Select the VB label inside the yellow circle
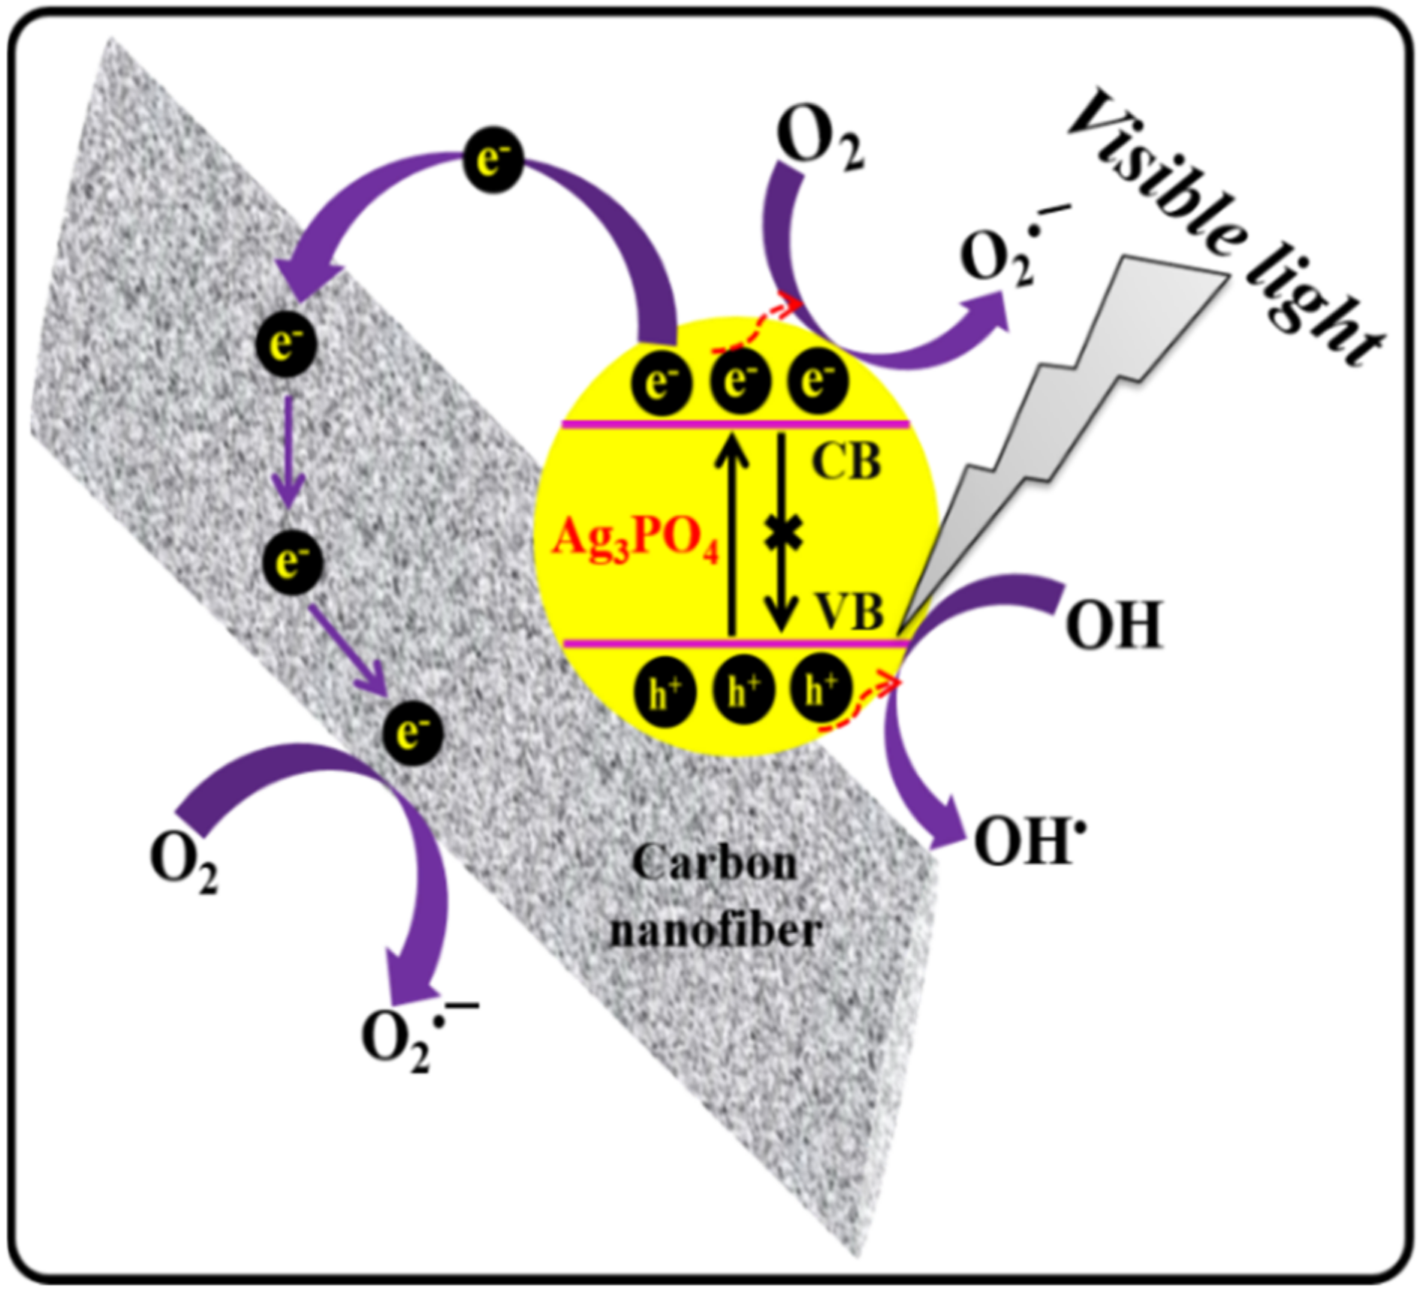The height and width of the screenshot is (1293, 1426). click(x=849, y=612)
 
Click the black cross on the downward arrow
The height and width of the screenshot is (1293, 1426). click(x=782, y=534)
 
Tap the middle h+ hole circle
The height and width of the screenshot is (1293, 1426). click(x=741, y=692)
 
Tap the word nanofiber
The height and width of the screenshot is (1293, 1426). click(x=715, y=931)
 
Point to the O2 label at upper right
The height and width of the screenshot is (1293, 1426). click(x=819, y=139)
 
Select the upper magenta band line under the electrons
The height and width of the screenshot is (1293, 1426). click(x=736, y=425)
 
